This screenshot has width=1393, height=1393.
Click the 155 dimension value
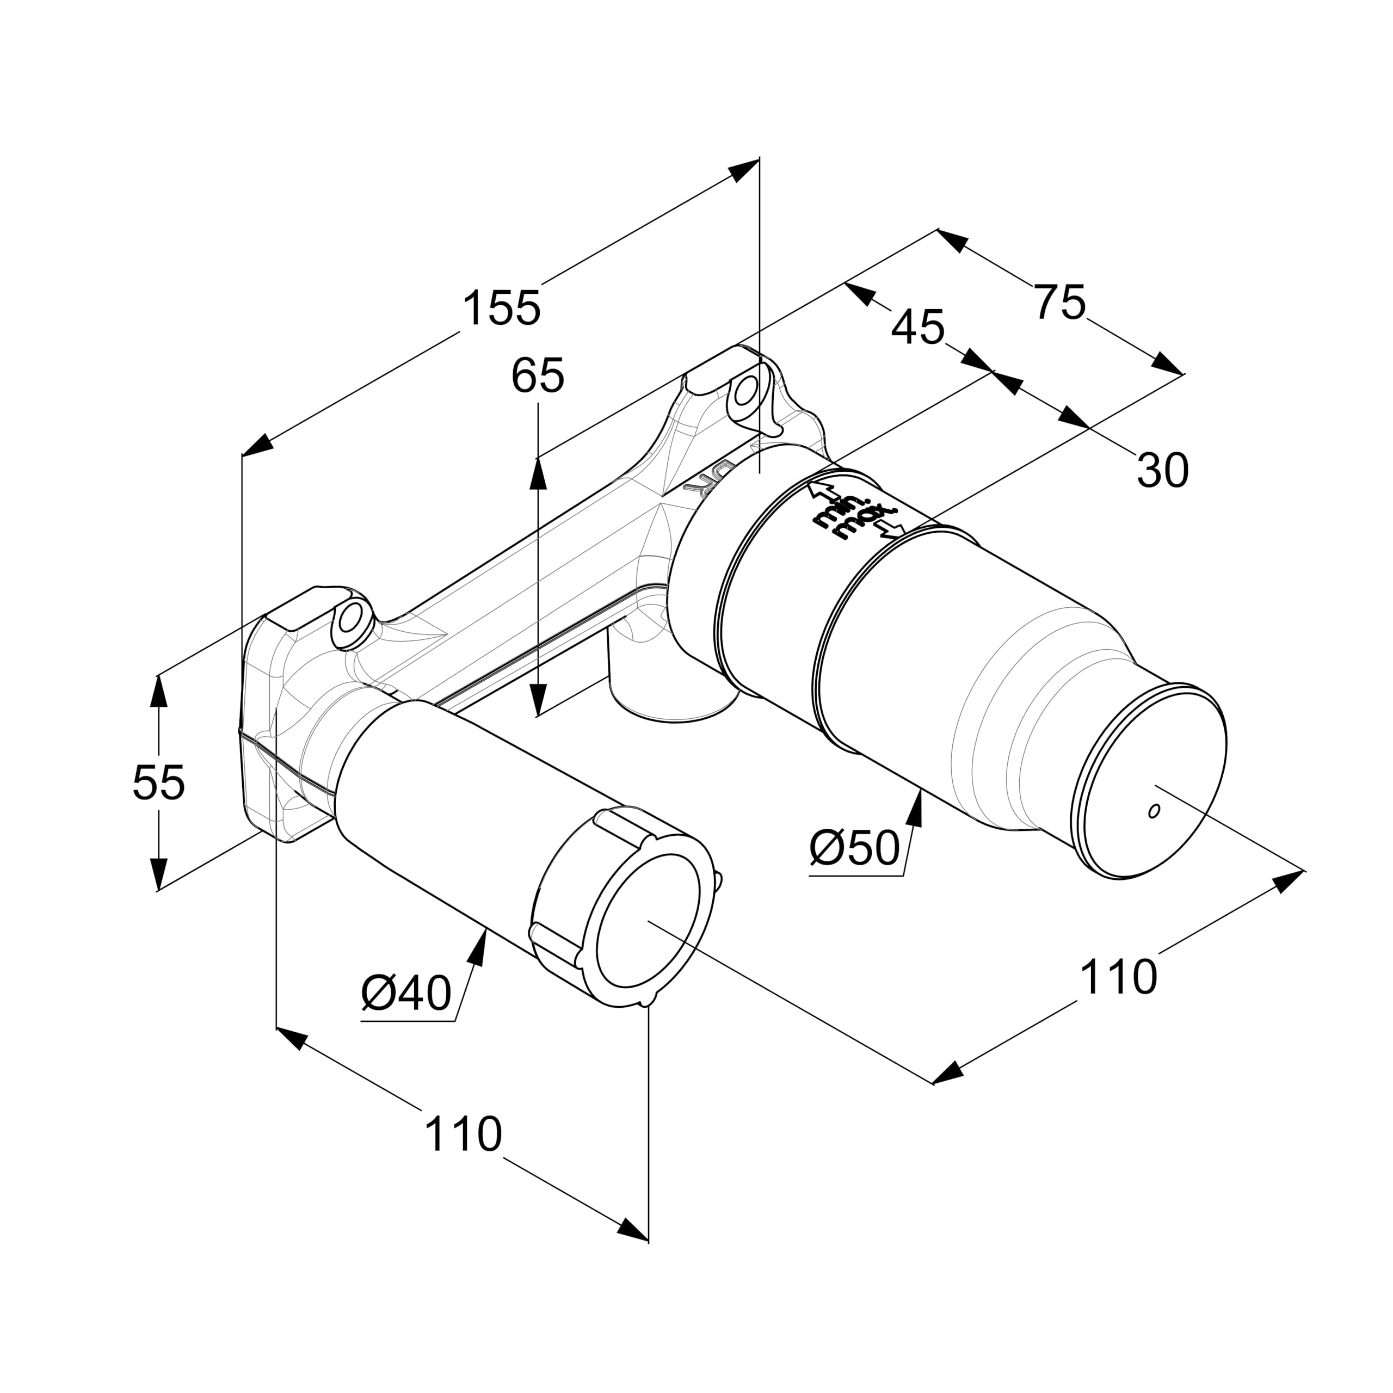click(501, 309)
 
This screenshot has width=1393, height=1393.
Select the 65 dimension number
click(537, 377)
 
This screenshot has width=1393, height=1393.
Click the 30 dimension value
click(1162, 472)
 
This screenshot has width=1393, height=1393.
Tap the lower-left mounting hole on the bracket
click(351, 619)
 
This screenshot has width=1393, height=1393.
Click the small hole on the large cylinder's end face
click(1153, 811)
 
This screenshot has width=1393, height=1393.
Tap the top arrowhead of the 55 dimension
click(159, 678)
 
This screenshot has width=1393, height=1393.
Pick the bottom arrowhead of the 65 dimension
click(538, 714)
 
